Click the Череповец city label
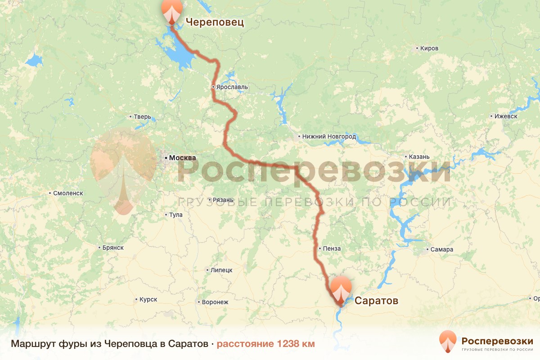pyautogui.click(x=215, y=22)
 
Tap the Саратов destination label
pyautogui.click(x=376, y=301)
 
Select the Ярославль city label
pyautogui.click(x=231, y=87)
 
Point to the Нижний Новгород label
pyautogui.click(x=329, y=136)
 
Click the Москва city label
pyautogui.click(x=182, y=158)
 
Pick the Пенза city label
pyautogui.click(x=331, y=248)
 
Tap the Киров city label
pyautogui.click(x=428, y=48)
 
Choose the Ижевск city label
pyautogui.click(x=505, y=116)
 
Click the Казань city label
pyautogui.click(x=419, y=157)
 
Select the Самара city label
pyautogui.click(x=441, y=249)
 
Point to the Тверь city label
pyautogui.click(x=142, y=117)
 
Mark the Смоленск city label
pyautogui.click(x=68, y=193)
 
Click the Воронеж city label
pyautogui.click(x=215, y=302)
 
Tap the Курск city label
pyautogui.click(x=148, y=299)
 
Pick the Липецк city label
pyautogui.click(x=220, y=270)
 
